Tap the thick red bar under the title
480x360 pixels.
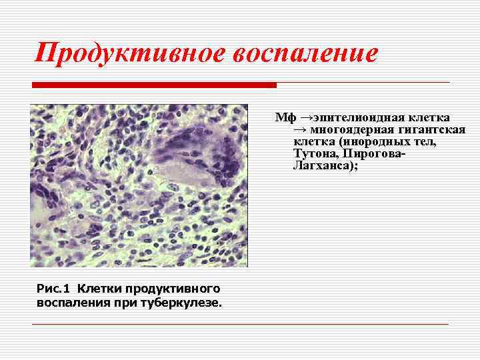point(154,85)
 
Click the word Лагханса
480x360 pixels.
point(323,166)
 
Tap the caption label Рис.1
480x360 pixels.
point(51,289)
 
